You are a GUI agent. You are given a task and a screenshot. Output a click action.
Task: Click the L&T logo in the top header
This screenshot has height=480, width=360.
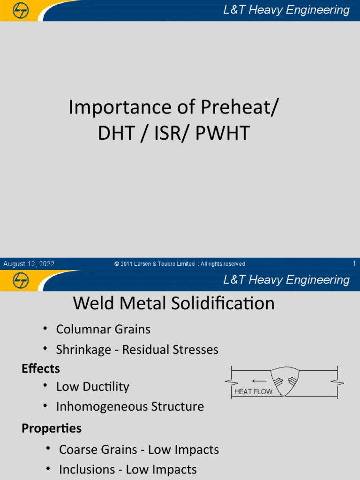(x=20, y=10)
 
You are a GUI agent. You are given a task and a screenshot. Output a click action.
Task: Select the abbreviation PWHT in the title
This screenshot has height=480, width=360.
(x=223, y=134)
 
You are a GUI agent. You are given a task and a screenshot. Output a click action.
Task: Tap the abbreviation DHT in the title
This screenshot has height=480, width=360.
(x=116, y=134)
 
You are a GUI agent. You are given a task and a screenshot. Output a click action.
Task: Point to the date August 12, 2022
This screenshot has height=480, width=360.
(x=29, y=264)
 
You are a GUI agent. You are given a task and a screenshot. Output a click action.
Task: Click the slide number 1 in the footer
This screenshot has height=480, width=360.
(x=354, y=263)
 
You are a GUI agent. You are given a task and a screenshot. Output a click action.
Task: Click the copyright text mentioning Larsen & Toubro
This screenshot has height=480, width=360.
(x=180, y=264)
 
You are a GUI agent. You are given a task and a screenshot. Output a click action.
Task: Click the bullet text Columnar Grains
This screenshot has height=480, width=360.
(x=103, y=330)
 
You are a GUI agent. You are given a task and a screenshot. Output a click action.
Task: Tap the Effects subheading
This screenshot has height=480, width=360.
(x=41, y=369)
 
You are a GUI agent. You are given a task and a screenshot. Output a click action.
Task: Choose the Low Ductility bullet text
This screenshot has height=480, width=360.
(x=92, y=387)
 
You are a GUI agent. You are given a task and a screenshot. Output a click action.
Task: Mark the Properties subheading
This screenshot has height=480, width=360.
(x=52, y=428)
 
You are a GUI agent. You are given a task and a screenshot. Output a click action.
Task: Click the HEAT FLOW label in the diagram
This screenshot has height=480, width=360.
(x=253, y=391)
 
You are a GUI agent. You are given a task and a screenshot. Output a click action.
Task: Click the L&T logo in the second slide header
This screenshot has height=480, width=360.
(x=20, y=280)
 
